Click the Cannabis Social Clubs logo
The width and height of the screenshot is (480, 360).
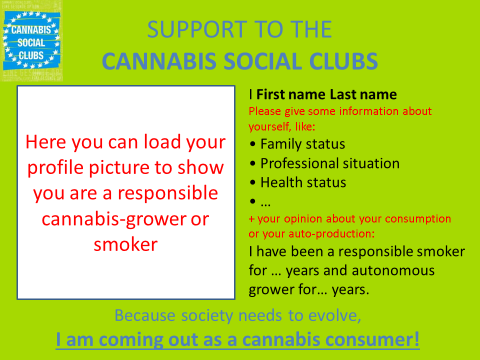pyautogui.click(x=32, y=41)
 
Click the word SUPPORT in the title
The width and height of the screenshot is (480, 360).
pyautogui.click(x=197, y=29)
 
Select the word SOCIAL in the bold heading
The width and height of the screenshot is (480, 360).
pyautogui.click(x=263, y=61)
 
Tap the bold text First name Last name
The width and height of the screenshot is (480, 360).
pyautogui.click(x=326, y=95)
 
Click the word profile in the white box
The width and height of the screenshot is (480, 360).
pyautogui.click(x=55, y=168)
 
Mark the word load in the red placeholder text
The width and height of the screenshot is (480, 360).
pyautogui.click(x=161, y=142)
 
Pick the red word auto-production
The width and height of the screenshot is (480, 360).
pyautogui.click(x=331, y=234)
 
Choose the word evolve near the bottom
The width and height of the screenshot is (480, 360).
pyautogui.click(x=334, y=316)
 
